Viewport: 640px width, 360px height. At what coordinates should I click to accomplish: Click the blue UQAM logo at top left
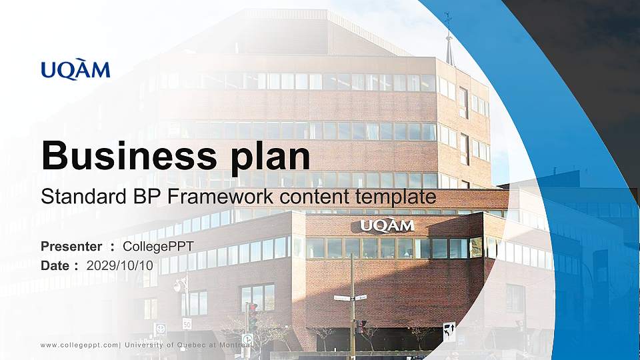75,70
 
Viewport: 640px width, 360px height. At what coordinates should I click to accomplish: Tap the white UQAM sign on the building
387,225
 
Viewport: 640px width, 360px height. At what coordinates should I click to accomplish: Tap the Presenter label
71,247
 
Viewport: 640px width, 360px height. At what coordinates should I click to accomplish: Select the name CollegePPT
159,247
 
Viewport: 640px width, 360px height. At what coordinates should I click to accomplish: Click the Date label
56,265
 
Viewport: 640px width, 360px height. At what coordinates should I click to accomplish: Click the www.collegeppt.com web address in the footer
79,345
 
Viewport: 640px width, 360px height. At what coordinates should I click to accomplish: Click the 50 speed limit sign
187,324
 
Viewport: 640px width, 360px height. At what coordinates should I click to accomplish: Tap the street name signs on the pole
351,297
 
